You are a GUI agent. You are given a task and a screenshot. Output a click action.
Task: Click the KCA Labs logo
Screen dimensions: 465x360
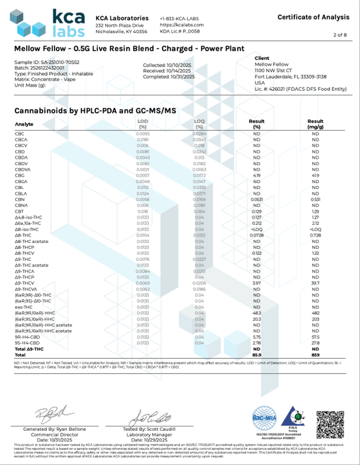[49, 23]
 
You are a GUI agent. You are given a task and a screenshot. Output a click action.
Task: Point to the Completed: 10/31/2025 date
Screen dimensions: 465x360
[169, 77]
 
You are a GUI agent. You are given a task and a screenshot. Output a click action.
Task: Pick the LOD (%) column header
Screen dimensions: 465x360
[143, 124]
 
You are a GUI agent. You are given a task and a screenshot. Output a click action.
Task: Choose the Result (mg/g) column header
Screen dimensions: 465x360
[316, 124]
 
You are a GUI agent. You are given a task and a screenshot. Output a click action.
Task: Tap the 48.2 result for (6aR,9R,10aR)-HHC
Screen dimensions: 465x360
[256, 313]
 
